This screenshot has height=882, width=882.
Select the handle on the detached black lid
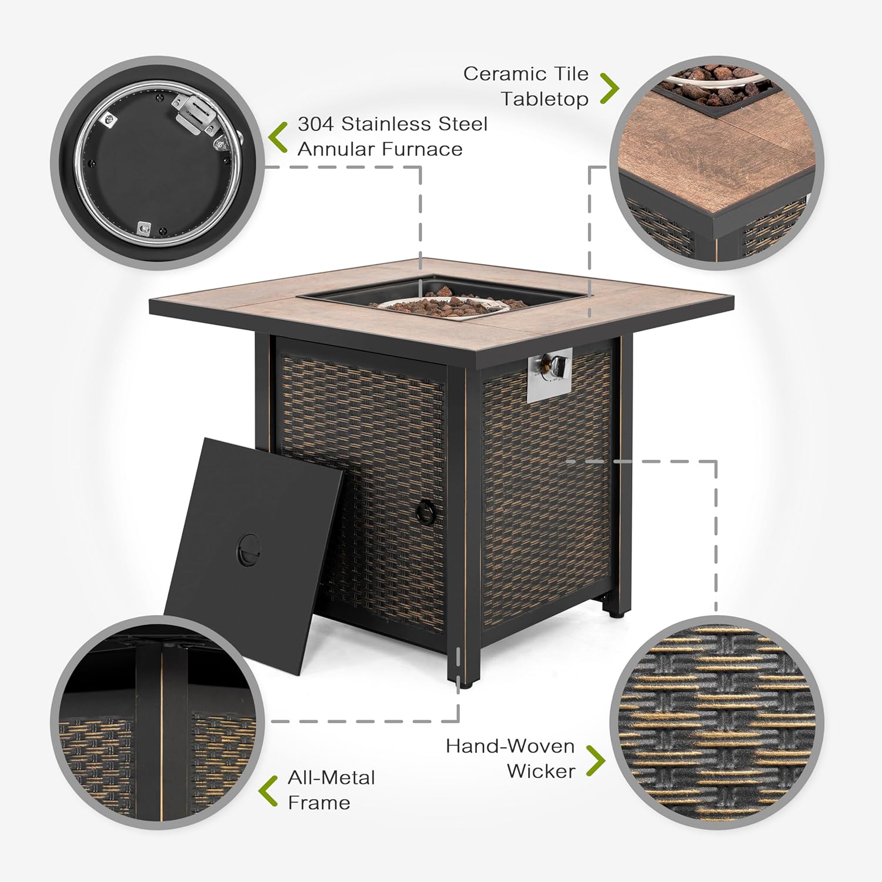click(248, 549)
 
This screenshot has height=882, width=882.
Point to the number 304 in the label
click(315, 124)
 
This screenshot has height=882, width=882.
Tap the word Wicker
click(541, 771)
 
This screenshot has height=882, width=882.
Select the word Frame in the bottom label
click(319, 803)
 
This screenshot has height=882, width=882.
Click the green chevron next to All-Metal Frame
click(269, 791)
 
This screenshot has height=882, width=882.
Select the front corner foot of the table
click(465, 676)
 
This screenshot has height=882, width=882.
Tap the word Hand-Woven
click(510, 746)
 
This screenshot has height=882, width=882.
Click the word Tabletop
click(544, 99)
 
